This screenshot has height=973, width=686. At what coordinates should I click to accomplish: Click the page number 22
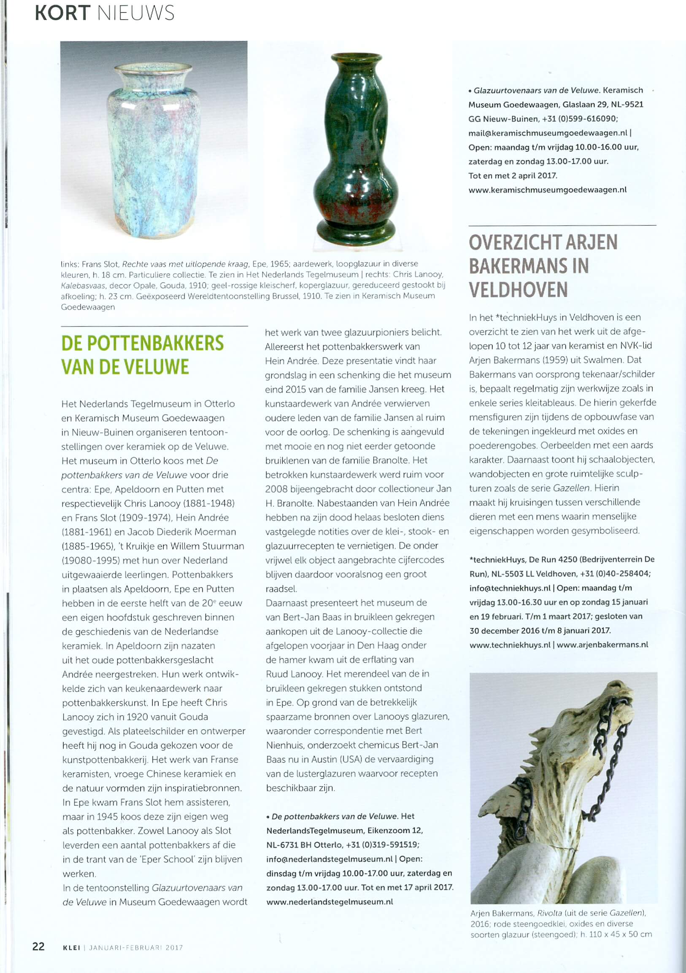[38, 946]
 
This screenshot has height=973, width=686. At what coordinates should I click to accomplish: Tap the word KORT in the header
[62, 13]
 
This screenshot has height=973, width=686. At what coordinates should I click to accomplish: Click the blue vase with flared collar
[154, 153]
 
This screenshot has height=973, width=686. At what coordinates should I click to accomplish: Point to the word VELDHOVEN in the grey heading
[518, 290]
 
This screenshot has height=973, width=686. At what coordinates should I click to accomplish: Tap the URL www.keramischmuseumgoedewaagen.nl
[547, 190]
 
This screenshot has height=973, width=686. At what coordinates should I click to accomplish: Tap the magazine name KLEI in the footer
[71, 948]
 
